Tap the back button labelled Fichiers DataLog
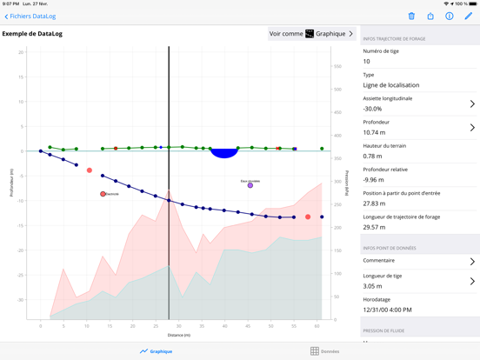click(30, 16)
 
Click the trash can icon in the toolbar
click(411, 16)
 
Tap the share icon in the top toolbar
click(430, 16)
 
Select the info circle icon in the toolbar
click(450, 16)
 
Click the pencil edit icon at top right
click(469, 16)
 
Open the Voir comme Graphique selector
click(311, 34)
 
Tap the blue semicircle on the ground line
click(224, 153)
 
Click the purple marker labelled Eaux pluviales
click(250, 185)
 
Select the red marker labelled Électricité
click(103, 194)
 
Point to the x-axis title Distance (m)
click(178, 335)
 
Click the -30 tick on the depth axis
click(20, 300)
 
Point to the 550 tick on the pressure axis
click(337, 66)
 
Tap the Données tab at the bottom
click(325, 351)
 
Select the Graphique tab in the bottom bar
click(157, 351)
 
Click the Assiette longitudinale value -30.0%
click(379, 109)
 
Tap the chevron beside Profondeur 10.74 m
click(472, 127)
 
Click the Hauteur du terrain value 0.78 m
click(373, 157)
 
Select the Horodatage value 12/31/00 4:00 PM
click(388, 310)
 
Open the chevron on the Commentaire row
click(472, 261)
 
